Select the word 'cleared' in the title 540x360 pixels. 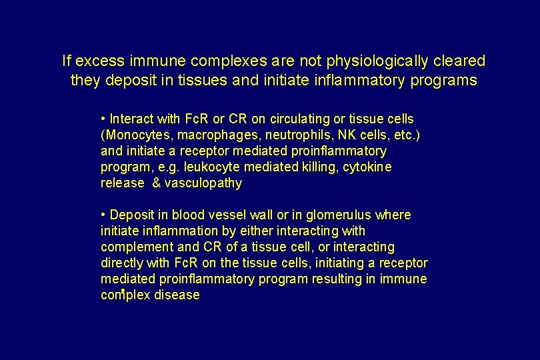pos(459,61)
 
